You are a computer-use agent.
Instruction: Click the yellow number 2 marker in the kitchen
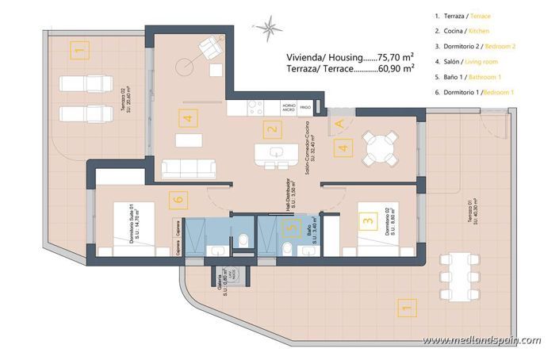(x=272, y=130)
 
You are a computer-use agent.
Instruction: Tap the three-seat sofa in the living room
(x=189, y=168)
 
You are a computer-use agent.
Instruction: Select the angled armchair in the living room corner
(x=209, y=48)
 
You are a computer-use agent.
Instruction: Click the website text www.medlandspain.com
(x=481, y=341)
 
